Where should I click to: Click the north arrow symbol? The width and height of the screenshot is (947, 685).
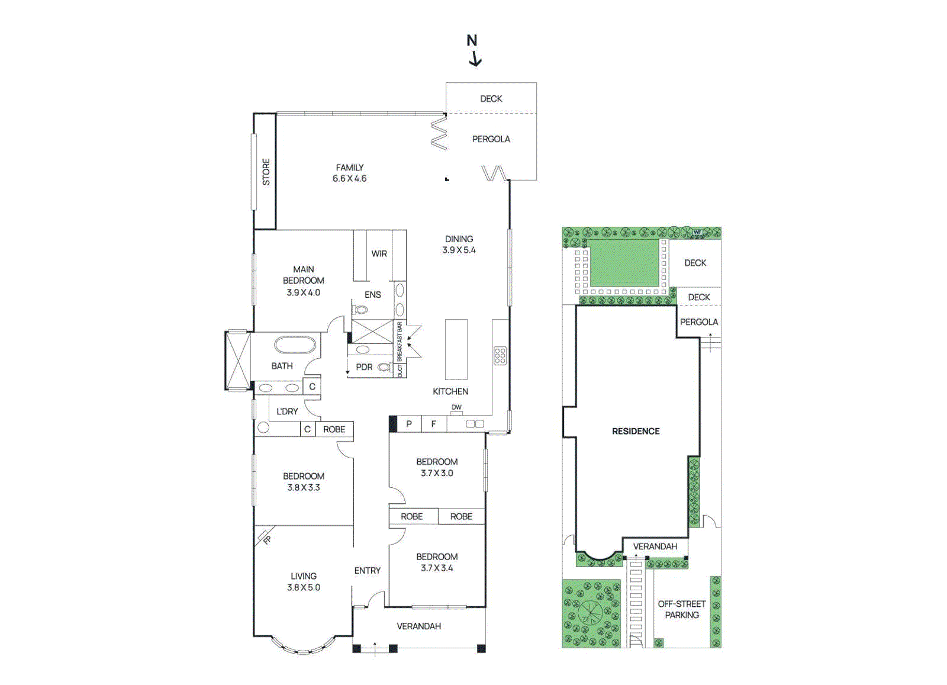[474, 51]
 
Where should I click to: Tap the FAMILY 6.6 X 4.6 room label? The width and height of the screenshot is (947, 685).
[349, 173]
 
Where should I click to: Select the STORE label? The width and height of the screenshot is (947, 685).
[266, 172]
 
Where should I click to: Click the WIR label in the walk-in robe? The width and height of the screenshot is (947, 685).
[379, 253]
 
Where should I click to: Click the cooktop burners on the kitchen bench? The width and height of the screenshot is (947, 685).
[500, 355]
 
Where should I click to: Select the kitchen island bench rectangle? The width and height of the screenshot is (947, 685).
[456, 349]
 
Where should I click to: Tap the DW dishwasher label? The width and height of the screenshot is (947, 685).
[456, 407]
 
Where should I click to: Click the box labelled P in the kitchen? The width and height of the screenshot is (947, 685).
[409, 424]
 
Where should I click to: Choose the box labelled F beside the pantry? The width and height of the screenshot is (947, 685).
[433, 424]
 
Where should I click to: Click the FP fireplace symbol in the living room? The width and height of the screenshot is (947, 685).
[266, 538]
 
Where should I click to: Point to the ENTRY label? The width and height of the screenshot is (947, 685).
[367, 570]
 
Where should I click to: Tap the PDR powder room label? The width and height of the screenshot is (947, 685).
[364, 367]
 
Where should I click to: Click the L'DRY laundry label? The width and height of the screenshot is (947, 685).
[287, 411]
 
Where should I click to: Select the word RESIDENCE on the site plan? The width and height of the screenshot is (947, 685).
[636, 431]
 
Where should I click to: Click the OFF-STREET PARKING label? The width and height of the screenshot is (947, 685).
[682, 609]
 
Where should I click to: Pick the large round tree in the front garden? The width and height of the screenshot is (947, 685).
[590, 611]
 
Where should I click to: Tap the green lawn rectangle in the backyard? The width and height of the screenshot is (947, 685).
[624, 263]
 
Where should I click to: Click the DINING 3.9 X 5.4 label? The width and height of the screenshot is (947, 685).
[459, 245]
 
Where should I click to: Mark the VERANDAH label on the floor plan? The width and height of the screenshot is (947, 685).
[418, 626]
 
